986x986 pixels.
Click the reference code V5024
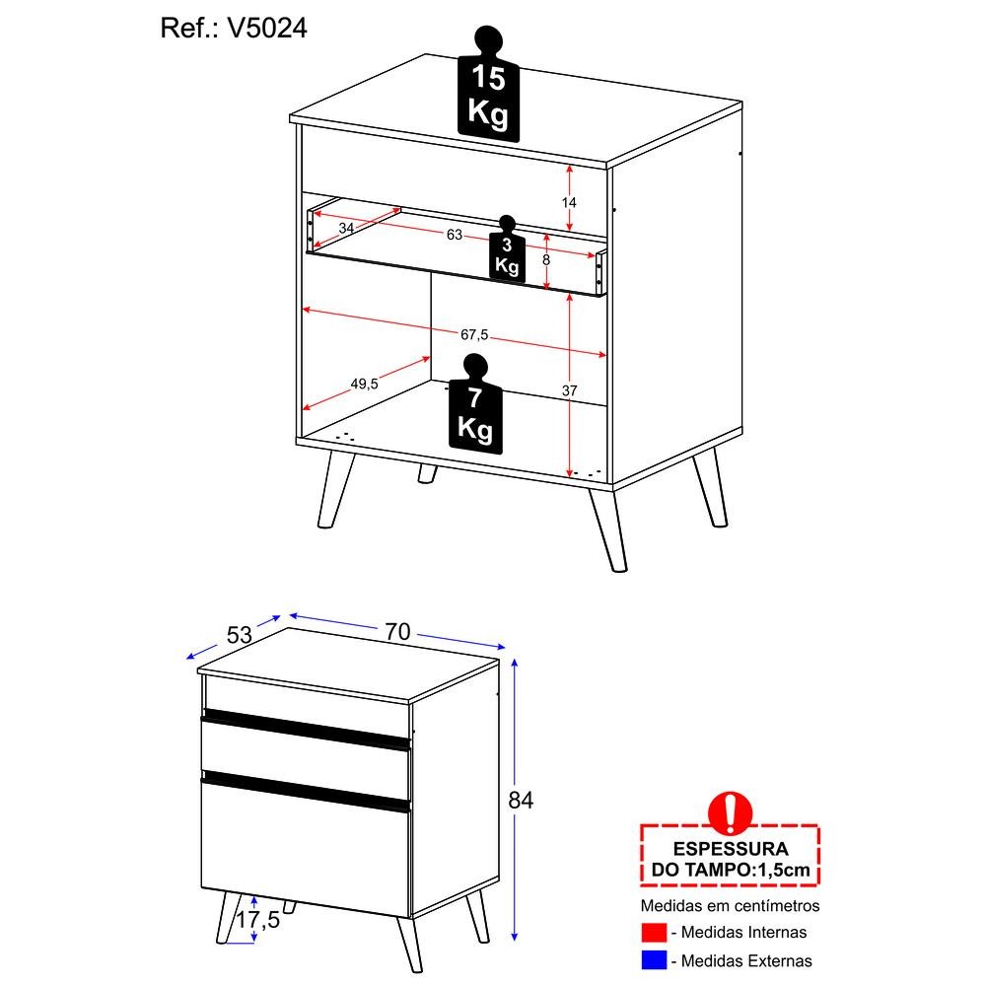267,29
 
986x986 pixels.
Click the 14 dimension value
569,202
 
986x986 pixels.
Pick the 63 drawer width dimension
454,235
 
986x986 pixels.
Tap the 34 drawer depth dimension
346,229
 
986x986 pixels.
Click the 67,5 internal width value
474,334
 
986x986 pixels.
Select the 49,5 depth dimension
364,384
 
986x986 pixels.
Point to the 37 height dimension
569,390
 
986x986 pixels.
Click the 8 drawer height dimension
546,259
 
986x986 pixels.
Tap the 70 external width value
397,631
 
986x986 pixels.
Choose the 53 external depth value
239,635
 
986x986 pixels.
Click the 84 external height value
521,800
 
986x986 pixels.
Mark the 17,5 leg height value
257,920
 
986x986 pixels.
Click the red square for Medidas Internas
654,933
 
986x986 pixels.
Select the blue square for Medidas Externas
654,960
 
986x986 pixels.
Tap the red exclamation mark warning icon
730,812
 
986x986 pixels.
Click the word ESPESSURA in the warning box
730,849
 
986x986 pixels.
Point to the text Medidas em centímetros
730,905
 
